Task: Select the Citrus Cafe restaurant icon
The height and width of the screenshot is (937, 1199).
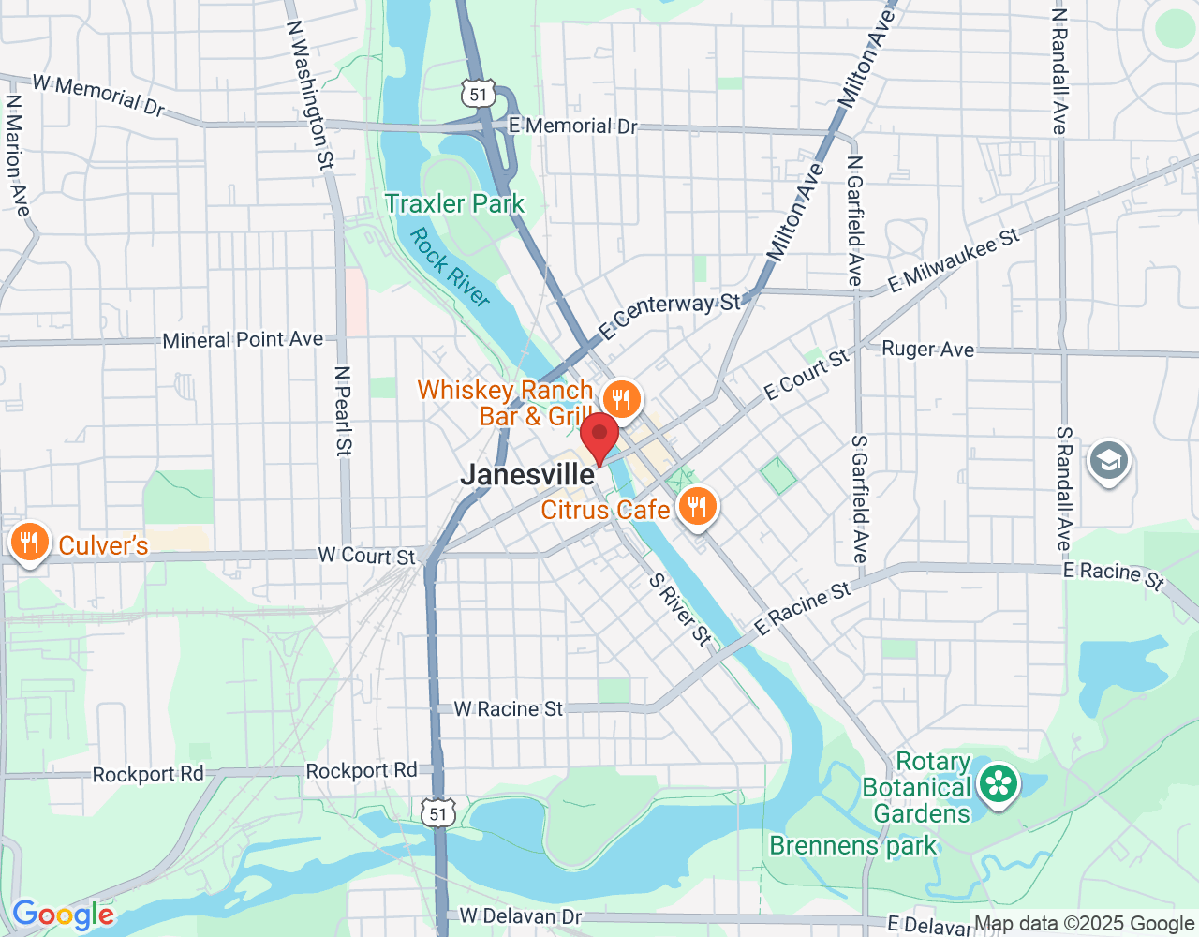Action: coord(696,507)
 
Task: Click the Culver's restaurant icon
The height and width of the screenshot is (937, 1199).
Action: coord(30,543)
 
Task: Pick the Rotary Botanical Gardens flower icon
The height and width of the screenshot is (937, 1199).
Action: coord(999,783)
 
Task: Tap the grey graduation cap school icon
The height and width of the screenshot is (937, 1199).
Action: coord(1108,461)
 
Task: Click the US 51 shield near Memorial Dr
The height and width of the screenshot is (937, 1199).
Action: coord(479,94)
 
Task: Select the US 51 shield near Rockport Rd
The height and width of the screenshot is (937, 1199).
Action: coord(438,812)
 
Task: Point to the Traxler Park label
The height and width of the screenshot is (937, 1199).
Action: coord(455,203)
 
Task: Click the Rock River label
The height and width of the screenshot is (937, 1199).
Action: coord(450,267)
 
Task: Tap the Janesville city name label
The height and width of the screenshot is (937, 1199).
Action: coord(527,475)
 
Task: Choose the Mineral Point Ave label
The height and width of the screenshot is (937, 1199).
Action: coord(243,339)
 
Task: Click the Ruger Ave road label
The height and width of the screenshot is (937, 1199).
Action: coord(927,350)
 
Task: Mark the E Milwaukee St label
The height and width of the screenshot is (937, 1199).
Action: coord(954,260)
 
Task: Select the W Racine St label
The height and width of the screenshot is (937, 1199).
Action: coord(509,709)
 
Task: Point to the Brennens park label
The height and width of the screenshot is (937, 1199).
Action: coord(852,846)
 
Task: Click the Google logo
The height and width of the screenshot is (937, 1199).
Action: coord(63,915)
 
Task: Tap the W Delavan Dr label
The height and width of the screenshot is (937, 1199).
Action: coord(520,915)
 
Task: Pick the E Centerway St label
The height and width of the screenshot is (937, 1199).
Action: coord(669,316)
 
